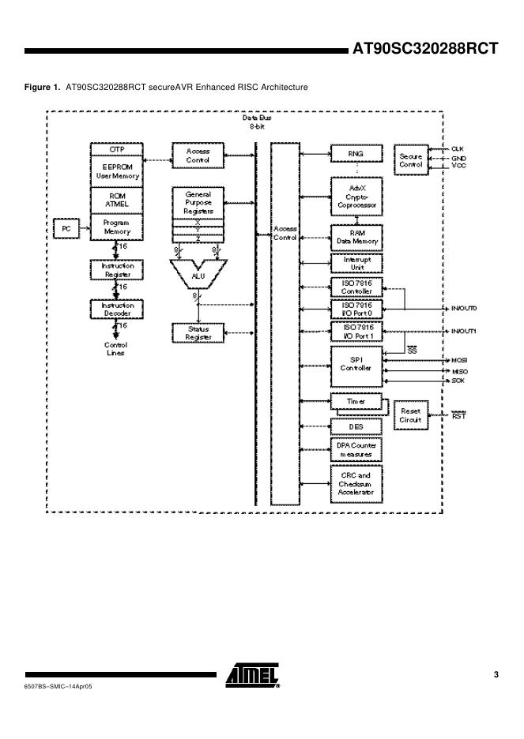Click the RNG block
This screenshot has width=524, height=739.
(355, 154)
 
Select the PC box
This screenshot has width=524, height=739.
(66, 228)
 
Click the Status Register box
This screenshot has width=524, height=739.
(197, 332)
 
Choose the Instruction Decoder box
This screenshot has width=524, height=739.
(116, 309)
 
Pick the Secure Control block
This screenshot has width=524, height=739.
(411, 159)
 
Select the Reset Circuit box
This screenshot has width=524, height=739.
(411, 416)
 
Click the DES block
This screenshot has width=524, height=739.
(355, 426)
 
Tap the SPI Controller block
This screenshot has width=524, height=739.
(355, 364)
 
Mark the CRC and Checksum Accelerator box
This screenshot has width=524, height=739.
(355, 484)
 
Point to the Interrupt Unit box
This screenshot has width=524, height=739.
(355, 263)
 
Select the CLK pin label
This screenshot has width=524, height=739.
(458, 148)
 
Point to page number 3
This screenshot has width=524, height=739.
(496, 673)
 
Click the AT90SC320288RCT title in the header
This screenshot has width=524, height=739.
(425, 49)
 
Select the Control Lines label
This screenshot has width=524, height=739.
(116, 349)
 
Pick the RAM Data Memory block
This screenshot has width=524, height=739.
(355, 237)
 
